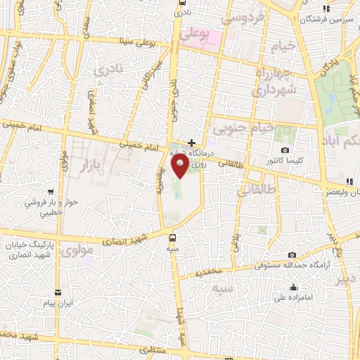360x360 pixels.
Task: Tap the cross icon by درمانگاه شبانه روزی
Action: tap(191, 142)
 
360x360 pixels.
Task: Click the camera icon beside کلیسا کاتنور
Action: tap(284, 150)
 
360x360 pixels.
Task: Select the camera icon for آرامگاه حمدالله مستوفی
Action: tap(292, 255)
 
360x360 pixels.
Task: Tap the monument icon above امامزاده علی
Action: tap(292, 287)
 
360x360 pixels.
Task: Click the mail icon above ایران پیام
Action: tap(58, 292)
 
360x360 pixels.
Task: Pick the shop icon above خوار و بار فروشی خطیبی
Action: tap(50, 191)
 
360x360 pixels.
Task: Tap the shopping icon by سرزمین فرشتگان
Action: tap(325, 9)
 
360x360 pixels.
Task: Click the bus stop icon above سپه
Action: tap(173, 237)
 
